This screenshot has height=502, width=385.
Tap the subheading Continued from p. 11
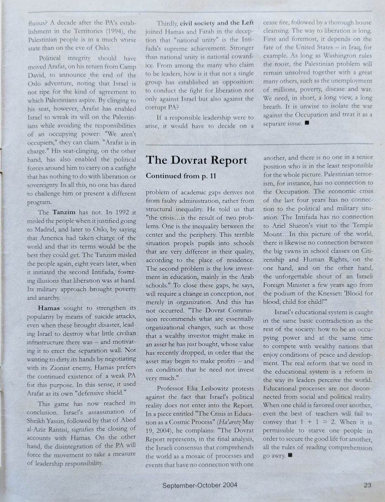click(x=180, y=176)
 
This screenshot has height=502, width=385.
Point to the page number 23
click(x=367, y=485)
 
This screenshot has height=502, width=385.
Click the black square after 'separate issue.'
click(x=307, y=123)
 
